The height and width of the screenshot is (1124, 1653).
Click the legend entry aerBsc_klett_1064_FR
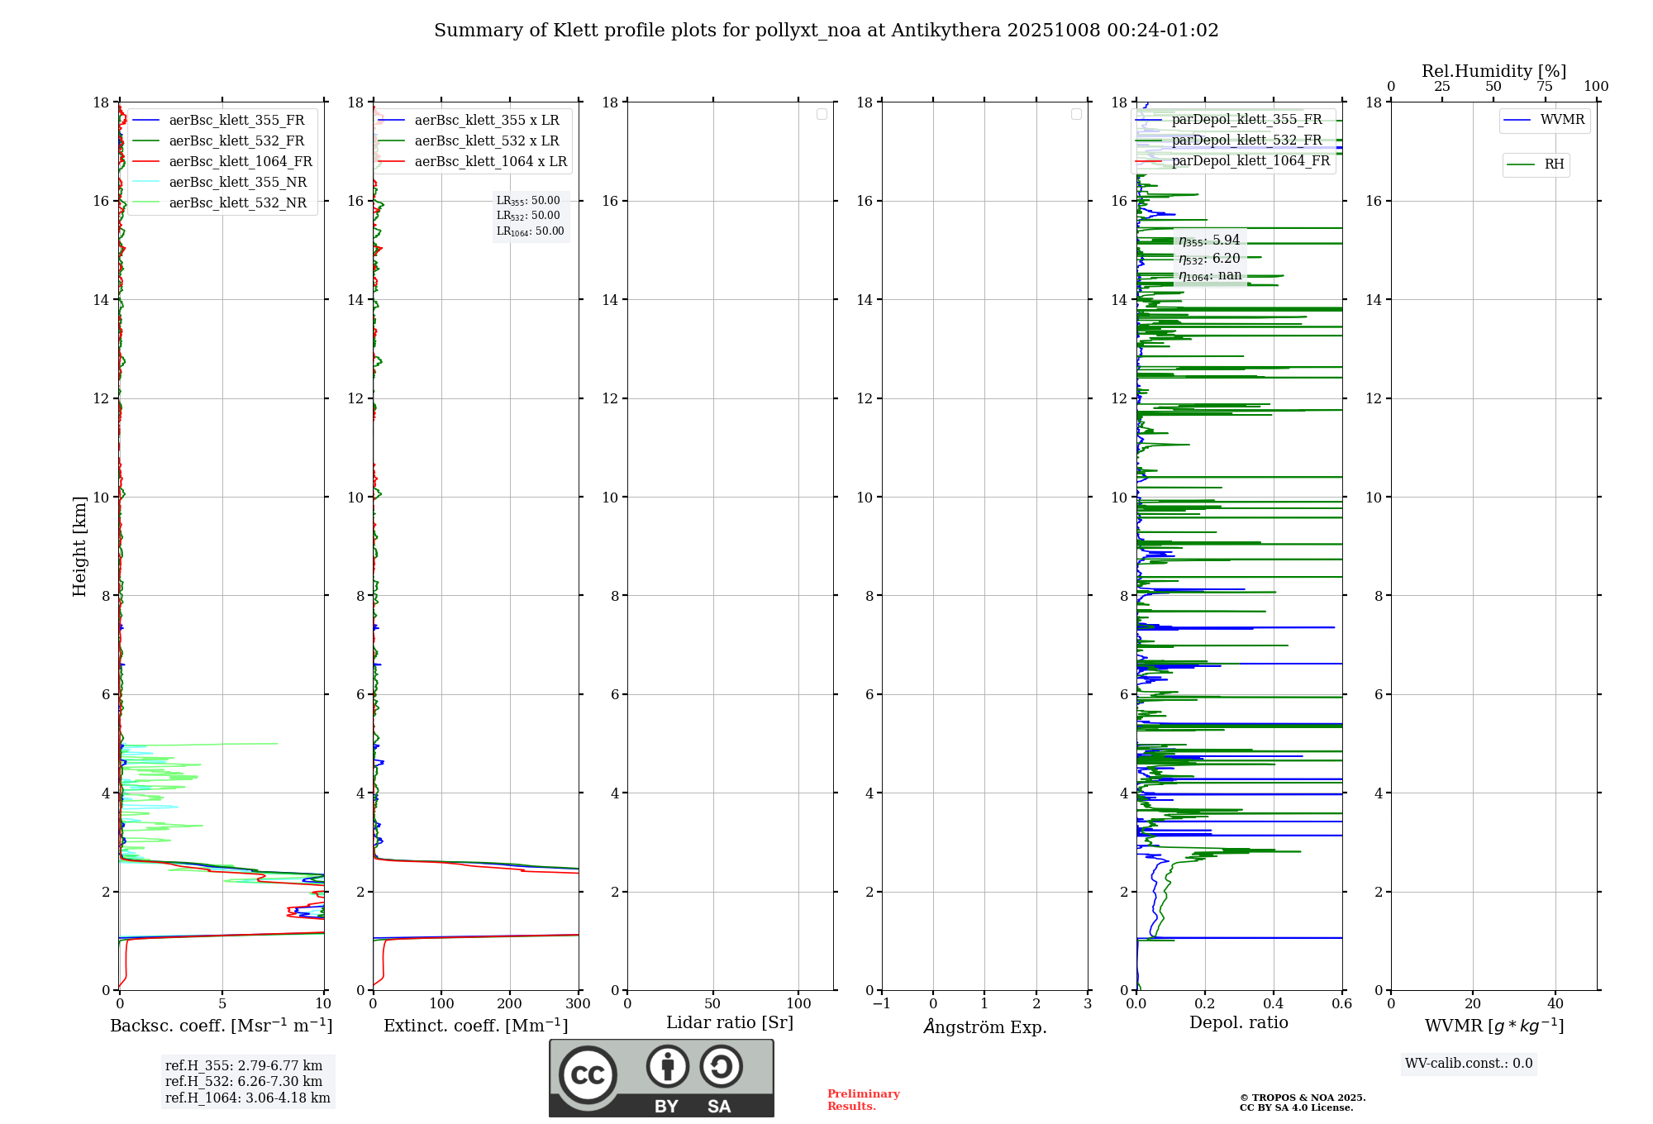[x=240, y=162]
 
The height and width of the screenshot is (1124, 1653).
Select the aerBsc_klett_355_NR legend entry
[x=237, y=183]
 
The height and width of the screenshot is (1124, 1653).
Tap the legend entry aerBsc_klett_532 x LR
[x=486, y=141]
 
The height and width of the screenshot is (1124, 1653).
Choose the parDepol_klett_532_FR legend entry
[x=1246, y=140]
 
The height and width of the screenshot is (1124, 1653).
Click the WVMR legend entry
[x=1561, y=120]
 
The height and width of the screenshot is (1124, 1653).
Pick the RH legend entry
[x=1554, y=164]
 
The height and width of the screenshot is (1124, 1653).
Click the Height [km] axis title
[x=79, y=546]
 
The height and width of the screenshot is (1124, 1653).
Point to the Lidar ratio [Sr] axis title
[x=730, y=1023]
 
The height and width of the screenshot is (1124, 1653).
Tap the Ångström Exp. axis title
[x=985, y=1026]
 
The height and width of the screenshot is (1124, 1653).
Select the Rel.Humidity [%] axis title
[x=1493, y=71]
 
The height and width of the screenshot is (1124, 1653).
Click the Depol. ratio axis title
[x=1238, y=1023]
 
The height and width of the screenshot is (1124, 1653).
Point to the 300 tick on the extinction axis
[x=579, y=1004]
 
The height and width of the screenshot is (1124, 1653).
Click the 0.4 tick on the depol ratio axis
[x=1274, y=1004]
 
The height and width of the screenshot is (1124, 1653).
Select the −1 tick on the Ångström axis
[x=882, y=1004]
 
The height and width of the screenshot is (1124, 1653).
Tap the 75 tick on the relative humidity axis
[x=1545, y=87]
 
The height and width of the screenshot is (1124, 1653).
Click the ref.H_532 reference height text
[x=244, y=1082]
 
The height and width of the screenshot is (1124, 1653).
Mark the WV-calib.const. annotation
[x=1469, y=1064]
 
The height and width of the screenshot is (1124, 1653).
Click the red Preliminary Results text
[x=863, y=1100]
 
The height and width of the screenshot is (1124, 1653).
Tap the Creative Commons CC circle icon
[x=588, y=1075]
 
